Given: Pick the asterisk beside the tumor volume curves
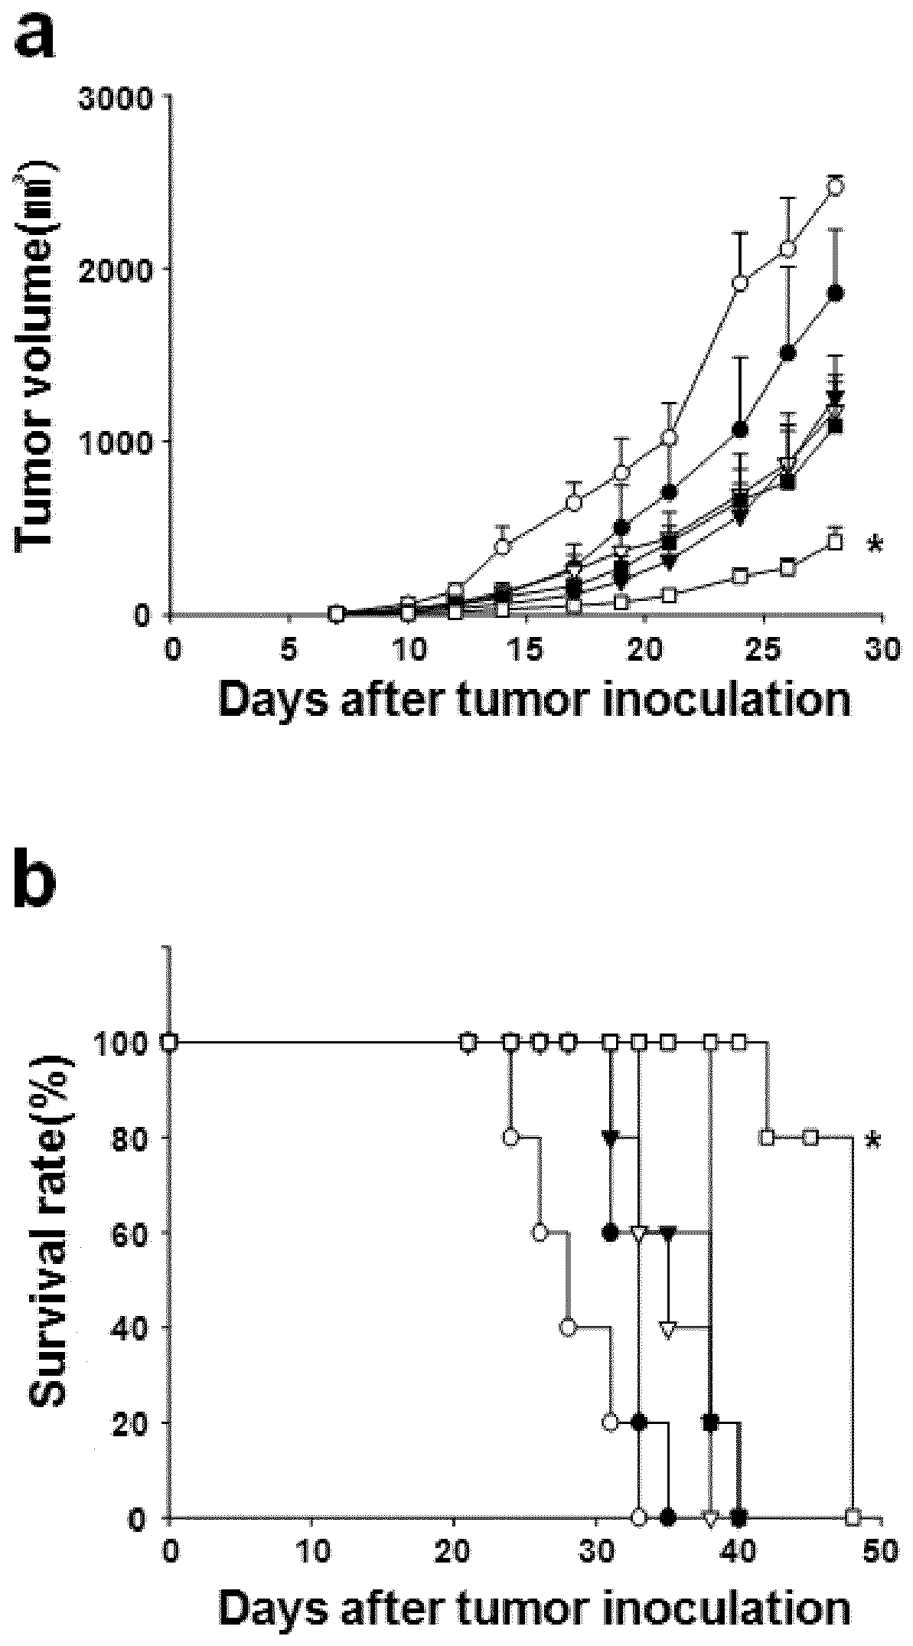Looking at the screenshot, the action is (874, 546).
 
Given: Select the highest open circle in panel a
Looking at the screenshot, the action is (836, 187).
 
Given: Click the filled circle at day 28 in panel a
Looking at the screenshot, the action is (836, 292).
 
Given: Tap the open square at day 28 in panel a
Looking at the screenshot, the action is (836, 542).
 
